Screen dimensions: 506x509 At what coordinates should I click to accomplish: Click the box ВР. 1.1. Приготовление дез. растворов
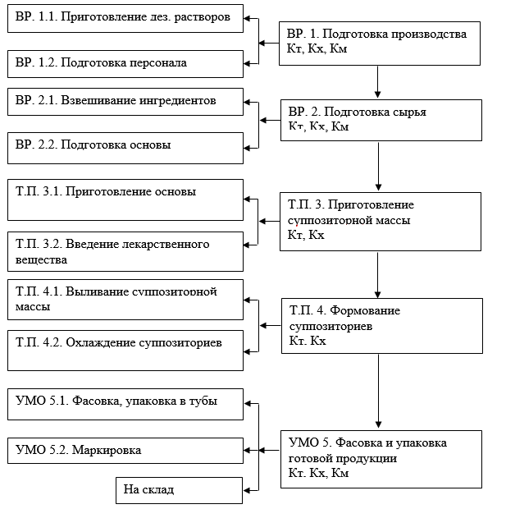point(125,19)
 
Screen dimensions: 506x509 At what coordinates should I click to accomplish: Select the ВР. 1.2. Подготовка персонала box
point(125,64)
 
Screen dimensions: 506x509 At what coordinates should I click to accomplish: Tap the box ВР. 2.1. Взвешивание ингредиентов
point(125,102)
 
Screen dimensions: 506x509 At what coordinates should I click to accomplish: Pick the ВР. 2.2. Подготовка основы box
point(125,148)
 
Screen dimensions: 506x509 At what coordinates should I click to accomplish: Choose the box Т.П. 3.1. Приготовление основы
point(125,200)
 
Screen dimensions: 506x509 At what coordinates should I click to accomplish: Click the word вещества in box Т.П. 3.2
point(41,260)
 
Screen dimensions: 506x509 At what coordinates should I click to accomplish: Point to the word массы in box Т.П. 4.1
point(33,307)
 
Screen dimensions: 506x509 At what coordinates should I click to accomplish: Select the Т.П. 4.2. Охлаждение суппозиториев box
point(125,351)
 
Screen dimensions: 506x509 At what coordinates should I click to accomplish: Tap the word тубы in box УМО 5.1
point(203,401)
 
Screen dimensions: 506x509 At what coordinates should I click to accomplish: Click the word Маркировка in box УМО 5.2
point(107,450)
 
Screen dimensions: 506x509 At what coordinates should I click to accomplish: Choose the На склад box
point(179,490)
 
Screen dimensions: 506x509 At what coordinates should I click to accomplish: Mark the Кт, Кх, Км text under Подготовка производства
point(317,48)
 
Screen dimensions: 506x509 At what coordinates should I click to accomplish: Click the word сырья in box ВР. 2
point(409,112)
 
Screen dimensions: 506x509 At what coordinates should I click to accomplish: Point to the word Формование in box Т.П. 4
point(365,310)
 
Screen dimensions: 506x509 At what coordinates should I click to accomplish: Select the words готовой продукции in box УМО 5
point(343,458)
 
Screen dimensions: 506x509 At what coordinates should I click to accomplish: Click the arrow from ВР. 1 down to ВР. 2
point(377,82)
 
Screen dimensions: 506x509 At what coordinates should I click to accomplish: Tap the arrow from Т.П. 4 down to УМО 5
point(378,391)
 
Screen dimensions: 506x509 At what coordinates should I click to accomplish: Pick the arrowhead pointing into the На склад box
point(247,490)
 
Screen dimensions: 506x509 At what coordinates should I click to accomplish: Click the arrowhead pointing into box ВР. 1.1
point(247,19)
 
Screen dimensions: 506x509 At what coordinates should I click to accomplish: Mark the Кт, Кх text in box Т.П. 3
point(306,235)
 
